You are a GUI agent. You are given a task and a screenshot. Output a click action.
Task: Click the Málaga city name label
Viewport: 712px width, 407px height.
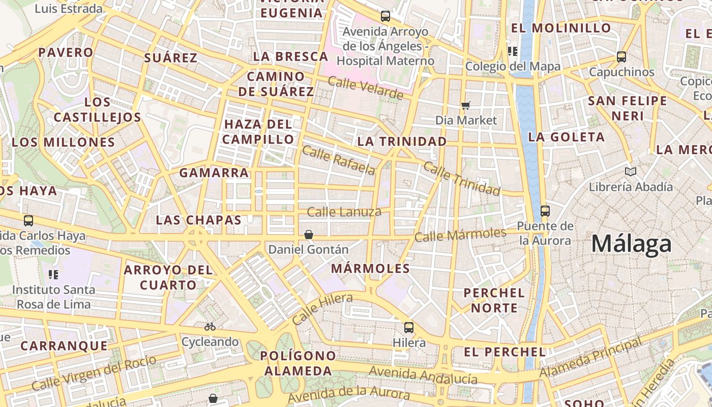[631, 244]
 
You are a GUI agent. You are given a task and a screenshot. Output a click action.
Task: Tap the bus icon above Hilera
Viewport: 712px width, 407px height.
[409, 328]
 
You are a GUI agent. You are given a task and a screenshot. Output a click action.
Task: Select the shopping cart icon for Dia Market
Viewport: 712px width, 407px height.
[465, 106]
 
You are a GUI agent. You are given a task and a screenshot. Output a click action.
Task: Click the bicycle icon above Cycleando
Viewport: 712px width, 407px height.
[210, 327]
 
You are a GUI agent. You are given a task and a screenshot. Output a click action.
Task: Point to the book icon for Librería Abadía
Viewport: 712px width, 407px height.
[631, 172]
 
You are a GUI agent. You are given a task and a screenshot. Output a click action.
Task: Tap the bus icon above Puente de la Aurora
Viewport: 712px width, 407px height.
[545, 211]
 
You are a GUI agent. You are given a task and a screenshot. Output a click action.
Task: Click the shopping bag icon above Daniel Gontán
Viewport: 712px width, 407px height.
[308, 235]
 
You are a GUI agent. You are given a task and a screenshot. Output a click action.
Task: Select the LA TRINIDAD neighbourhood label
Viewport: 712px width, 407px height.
[402, 141]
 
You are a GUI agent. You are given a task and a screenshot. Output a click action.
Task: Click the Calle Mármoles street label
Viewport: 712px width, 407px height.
[460, 235]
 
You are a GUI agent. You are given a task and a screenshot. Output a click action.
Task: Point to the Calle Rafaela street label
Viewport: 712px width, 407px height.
[339, 160]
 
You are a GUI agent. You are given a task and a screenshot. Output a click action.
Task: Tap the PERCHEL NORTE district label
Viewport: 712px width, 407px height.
[494, 300]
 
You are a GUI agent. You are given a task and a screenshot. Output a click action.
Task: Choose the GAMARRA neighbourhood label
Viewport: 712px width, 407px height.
[214, 172]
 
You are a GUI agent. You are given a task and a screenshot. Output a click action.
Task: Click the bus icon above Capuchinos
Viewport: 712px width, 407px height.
[621, 57]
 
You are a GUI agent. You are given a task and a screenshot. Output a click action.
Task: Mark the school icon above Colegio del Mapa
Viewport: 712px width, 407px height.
[513, 51]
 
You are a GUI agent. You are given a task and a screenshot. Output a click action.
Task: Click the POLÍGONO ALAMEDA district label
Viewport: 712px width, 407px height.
[298, 363]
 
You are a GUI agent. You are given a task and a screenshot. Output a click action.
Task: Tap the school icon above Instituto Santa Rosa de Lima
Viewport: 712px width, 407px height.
[53, 275]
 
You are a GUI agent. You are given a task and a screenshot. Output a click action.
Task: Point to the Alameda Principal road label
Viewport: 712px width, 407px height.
[590, 359]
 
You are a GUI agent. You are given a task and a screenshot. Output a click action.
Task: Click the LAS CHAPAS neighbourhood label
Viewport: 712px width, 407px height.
[198, 220]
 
